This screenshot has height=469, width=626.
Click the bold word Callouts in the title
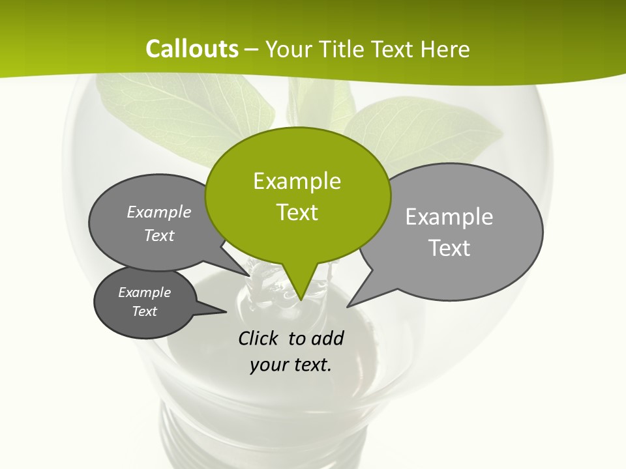[x=192, y=49]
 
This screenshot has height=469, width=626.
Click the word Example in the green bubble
[x=297, y=181]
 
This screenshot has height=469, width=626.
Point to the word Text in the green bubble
[x=297, y=212]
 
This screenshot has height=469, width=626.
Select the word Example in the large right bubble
[x=449, y=217]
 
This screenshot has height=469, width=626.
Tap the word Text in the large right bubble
[x=449, y=248]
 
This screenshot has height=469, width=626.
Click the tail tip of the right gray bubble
[x=350, y=305]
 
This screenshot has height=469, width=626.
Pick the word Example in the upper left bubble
[x=159, y=212]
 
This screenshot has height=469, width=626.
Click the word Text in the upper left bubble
[x=159, y=236]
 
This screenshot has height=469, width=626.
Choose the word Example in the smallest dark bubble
[x=144, y=292]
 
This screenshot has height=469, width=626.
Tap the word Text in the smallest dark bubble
[x=144, y=311]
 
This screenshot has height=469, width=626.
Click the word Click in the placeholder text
[x=260, y=339]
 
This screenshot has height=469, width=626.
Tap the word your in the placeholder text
[x=267, y=365]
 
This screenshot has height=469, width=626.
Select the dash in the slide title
[x=252, y=49]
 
